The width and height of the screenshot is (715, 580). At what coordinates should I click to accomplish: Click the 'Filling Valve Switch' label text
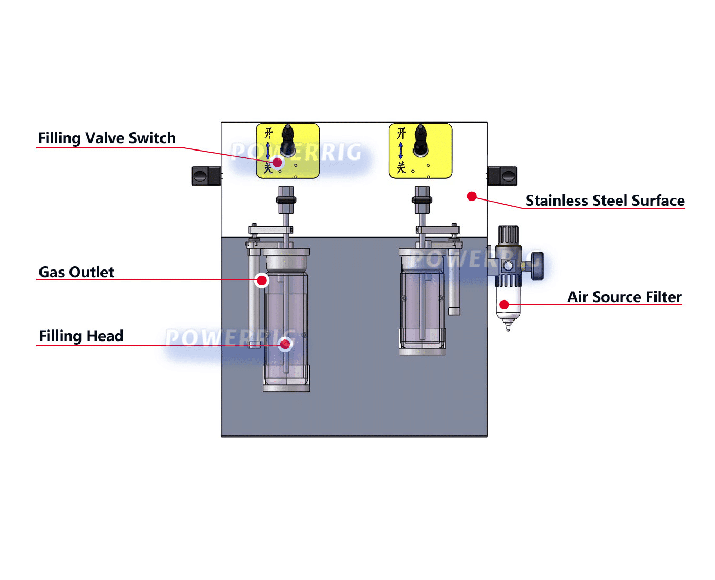(106, 138)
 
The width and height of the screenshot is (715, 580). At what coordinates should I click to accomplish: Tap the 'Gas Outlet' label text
(76, 272)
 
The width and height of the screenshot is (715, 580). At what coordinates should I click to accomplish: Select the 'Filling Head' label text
(81, 336)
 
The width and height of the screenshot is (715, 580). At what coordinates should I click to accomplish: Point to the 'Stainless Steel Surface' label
(605, 201)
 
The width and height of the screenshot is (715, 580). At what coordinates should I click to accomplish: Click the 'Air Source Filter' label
(624, 297)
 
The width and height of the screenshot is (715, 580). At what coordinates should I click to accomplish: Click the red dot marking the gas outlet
(261, 281)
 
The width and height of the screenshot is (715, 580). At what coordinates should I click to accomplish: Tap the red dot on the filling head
(285, 344)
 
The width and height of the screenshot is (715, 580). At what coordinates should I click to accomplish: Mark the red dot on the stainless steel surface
(471, 196)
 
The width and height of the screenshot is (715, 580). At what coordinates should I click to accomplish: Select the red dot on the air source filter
(504, 305)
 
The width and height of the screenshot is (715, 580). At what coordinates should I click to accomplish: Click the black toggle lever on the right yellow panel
(420, 141)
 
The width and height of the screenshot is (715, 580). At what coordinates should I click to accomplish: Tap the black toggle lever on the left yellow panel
(288, 141)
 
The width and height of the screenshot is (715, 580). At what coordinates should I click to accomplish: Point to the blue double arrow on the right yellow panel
(400, 151)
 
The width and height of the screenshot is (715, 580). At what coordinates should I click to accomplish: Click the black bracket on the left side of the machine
(206, 176)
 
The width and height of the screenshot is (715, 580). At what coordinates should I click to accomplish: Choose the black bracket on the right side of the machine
(502, 176)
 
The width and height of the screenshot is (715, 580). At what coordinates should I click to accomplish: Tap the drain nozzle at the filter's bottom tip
(508, 325)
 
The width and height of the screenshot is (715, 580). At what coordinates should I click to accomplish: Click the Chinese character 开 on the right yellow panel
(401, 133)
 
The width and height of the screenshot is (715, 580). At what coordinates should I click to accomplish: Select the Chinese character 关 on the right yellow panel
(401, 167)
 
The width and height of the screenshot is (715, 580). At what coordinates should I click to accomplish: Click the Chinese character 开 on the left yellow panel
(268, 133)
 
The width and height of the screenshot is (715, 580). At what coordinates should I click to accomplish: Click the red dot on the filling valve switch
(277, 163)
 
